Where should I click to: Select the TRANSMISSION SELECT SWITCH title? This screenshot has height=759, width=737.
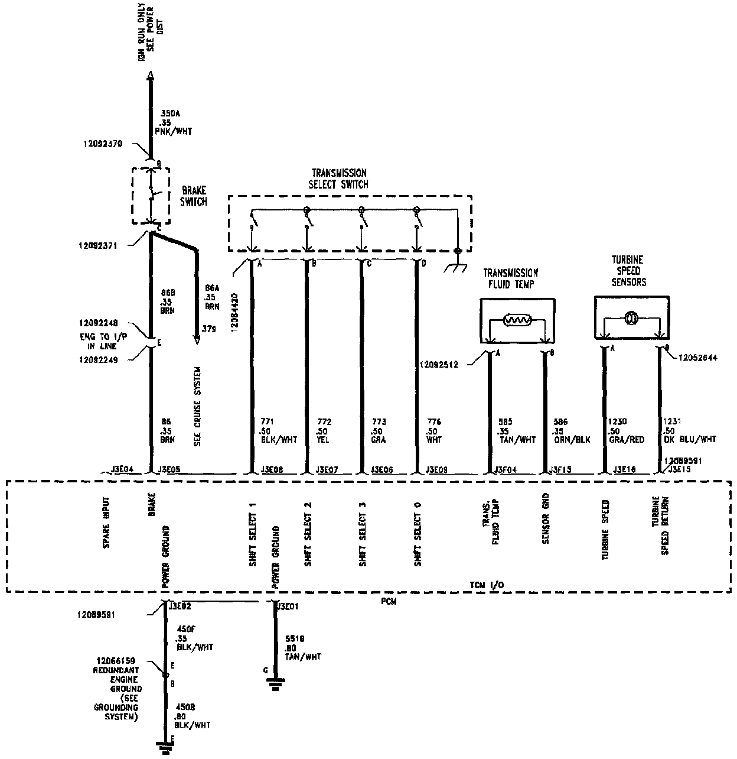click(x=338, y=179)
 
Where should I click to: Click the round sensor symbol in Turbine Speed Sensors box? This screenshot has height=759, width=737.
click(x=631, y=319)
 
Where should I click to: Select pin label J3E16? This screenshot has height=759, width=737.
click(x=624, y=471)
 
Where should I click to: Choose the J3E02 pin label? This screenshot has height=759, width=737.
click(x=180, y=606)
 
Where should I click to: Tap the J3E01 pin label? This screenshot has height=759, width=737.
click(x=289, y=606)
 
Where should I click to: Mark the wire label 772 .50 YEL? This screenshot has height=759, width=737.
click(x=324, y=431)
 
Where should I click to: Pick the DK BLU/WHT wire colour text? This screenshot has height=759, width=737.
click(x=690, y=440)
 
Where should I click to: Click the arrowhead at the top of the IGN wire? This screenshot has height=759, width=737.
click(x=150, y=75)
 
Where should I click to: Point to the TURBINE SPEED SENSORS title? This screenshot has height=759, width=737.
click(x=627, y=271)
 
